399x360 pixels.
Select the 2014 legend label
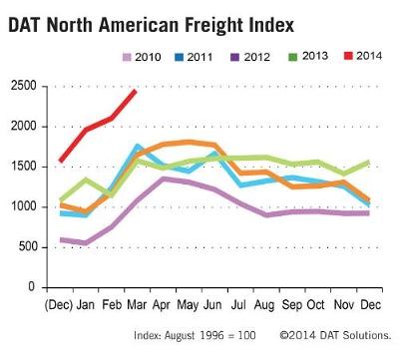pos(369,56)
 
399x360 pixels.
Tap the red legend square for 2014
pos(348,56)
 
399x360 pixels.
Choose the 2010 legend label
pos(148,57)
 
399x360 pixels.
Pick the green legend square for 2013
pos(293,57)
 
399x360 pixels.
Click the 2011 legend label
pos(199,57)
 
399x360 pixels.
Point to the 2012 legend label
pos(256,57)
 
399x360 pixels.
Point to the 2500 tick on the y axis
pos(24,86)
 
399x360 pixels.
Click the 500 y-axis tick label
pos(27,247)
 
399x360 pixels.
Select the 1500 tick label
pos(24,167)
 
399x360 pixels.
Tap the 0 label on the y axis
pos(32,286)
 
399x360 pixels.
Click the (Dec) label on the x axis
pos(59,305)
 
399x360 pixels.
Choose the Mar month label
pos(137,304)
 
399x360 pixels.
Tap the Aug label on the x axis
pos(264,305)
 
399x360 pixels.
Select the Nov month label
pos(344,304)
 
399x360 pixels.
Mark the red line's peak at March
pos(135,91)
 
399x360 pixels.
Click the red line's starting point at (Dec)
pos(61,162)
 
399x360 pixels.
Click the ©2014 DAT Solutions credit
pos(335,335)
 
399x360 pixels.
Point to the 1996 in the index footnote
pos(211,335)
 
